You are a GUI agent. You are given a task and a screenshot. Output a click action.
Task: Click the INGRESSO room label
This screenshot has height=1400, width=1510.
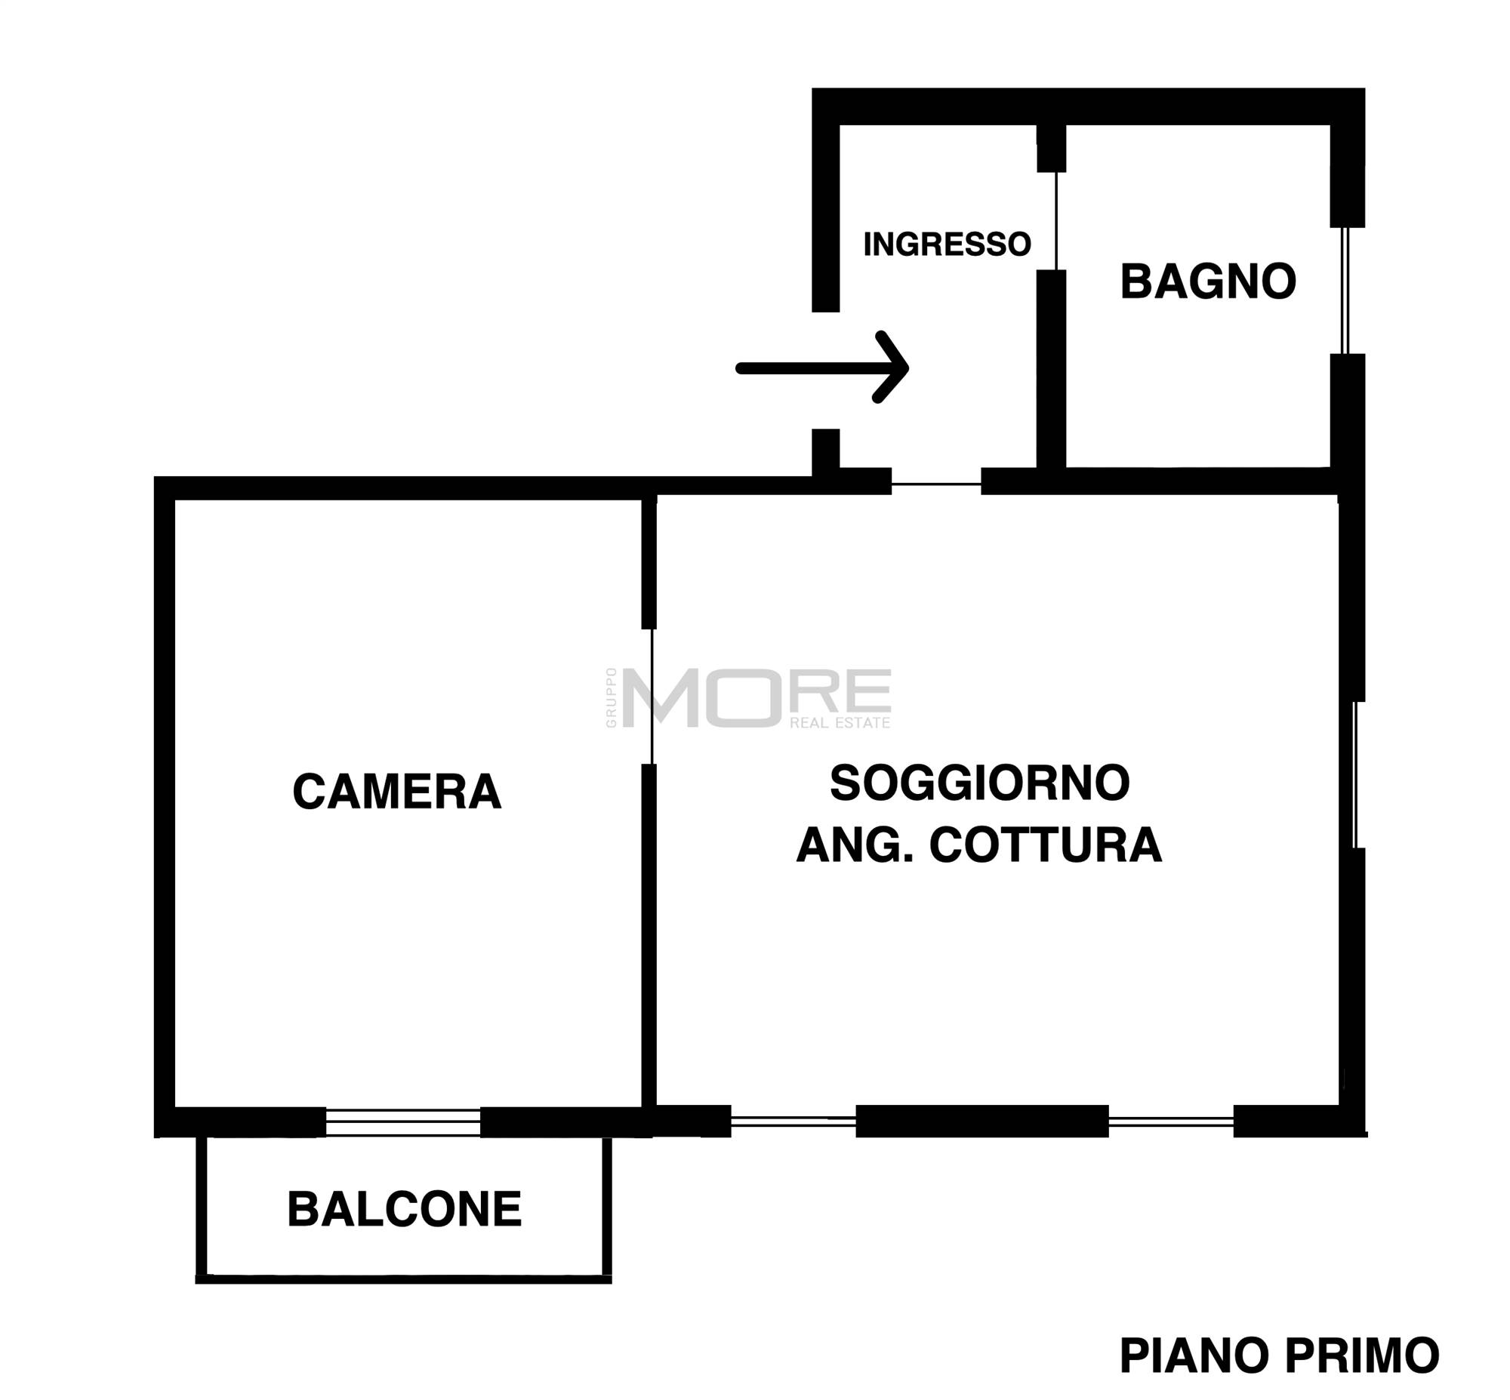pos(946,244)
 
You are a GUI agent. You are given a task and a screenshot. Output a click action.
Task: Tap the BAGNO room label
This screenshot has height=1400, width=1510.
pos(1207,282)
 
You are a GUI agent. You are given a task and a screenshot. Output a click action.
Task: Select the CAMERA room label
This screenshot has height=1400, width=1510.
pos(396,792)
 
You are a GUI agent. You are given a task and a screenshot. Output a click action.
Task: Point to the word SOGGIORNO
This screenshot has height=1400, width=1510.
pos(979,783)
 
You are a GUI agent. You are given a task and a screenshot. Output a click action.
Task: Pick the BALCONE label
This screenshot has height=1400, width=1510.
pos(404,1209)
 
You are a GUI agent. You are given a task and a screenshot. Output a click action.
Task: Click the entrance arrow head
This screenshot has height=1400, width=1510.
pos(892,368)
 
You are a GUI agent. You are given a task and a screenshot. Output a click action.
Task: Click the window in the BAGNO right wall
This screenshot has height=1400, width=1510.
pos(1345,290)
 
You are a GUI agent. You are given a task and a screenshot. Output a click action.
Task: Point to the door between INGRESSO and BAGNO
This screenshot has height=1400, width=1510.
pos(1056,220)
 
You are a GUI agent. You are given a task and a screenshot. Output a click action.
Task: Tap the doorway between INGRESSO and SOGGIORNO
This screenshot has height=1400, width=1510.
pos(936,484)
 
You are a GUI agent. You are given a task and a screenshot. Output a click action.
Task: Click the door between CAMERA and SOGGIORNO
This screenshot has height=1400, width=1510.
pos(652,696)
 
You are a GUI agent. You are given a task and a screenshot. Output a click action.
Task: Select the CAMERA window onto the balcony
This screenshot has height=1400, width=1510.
pos(403,1122)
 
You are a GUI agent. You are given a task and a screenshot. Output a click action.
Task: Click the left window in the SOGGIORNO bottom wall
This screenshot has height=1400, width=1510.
pos(794,1122)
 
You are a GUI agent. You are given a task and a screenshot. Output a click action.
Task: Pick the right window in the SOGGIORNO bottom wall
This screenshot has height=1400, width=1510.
pos(1171,1122)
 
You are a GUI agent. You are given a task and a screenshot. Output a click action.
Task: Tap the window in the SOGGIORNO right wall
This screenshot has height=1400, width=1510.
pos(1354,774)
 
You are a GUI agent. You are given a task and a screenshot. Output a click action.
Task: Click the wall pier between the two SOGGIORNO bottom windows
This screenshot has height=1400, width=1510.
pos(982,1121)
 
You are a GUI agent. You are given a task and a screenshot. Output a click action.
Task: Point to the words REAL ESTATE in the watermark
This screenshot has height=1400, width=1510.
pos(840,723)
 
